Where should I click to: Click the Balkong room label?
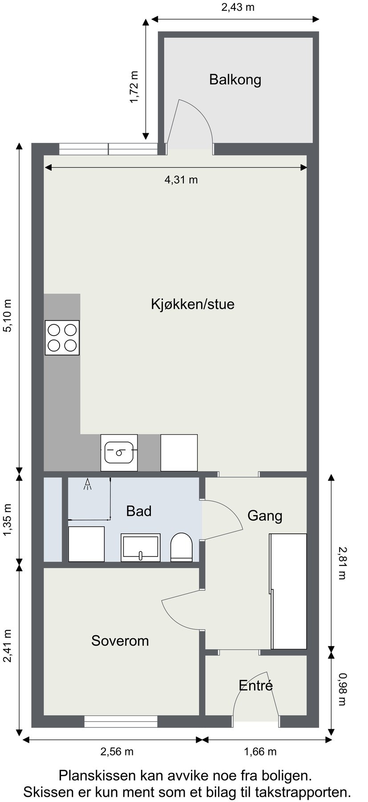point(235,80)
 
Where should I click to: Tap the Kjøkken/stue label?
point(192,304)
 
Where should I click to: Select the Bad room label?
point(139,511)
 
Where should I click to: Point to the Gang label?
point(265,516)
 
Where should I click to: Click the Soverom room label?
point(120,641)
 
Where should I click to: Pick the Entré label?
point(255,685)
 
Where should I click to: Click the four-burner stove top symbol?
point(62,338)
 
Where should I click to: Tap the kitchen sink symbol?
point(119,452)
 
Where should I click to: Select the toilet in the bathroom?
point(181,547)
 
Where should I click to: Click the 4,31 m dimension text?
point(181,180)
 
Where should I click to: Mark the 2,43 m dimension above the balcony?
point(238,8)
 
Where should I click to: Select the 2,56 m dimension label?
point(117,752)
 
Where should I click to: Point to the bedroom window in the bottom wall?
point(121,721)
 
